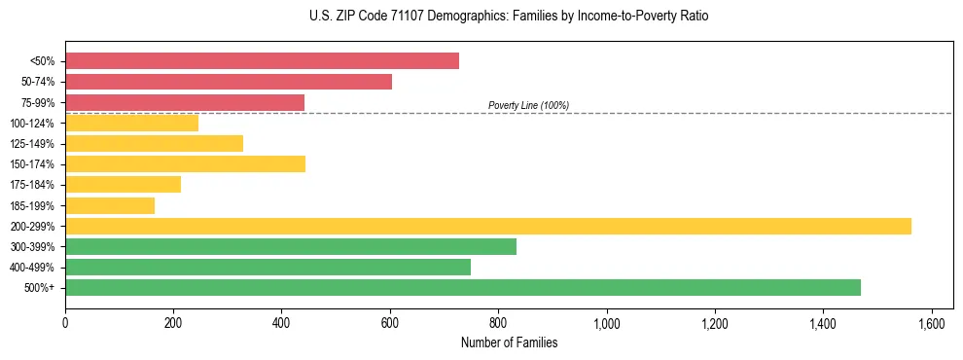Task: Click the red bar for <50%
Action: click(262, 61)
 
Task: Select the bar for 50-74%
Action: click(229, 82)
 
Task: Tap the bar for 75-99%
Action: click(185, 102)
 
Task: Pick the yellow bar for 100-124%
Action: click(131, 123)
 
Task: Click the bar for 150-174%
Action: click(185, 163)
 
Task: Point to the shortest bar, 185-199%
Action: click(110, 205)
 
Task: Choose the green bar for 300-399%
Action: click(291, 246)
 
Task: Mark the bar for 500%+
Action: click(463, 287)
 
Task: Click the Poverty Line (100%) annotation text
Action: click(528, 105)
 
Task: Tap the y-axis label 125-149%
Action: click(32, 144)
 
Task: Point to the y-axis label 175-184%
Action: click(32, 185)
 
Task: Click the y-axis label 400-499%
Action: click(32, 268)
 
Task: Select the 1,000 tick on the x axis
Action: click(607, 321)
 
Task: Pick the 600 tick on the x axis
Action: click(390, 321)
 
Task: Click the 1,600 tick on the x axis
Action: click(932, 321)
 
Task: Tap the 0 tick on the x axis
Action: click(65, 321)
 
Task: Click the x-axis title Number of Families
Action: click(509, 342)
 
